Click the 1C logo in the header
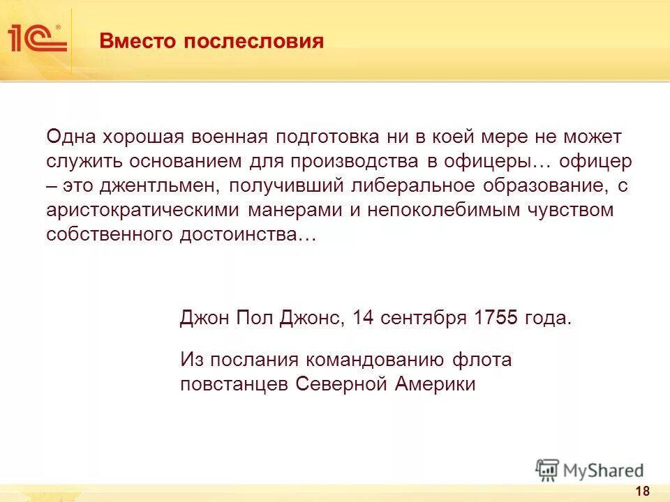(37, 38)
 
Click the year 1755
(496, 318)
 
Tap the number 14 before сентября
(363, 318)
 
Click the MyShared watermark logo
(590, 470)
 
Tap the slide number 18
(642, 491)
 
